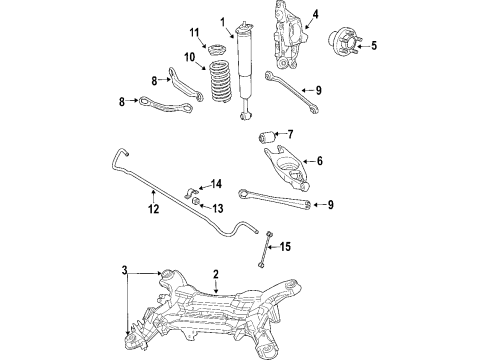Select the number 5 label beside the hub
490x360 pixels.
coord(375,45)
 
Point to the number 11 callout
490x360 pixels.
coord(195,34)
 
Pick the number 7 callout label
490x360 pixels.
coord(290,134)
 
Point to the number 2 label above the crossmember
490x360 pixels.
coord(215,273)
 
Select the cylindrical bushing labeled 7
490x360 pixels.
coord(267,135)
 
